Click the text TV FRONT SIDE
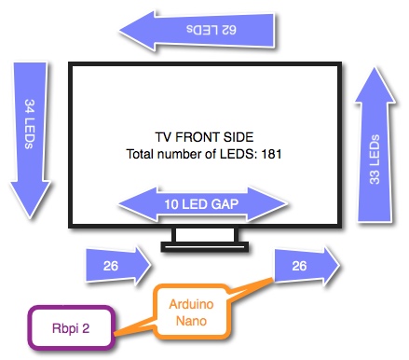(207, 135)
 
